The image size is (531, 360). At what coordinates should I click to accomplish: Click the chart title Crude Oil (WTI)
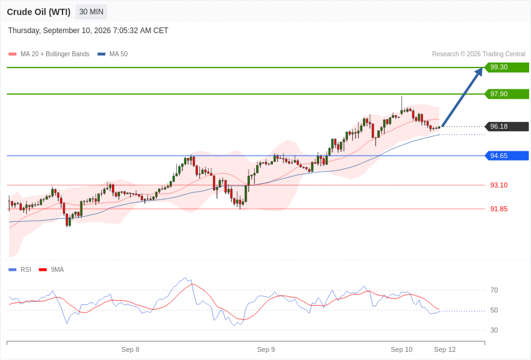coord(39,12)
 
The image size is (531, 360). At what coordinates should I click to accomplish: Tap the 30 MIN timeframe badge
coord(91,12)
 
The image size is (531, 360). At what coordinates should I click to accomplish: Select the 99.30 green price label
coord(507,67)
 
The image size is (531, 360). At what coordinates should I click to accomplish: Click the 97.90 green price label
coord(507,94)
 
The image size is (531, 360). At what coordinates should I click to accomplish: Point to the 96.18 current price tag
coord(507,126)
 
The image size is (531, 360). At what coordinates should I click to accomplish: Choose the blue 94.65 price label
coord(507,156)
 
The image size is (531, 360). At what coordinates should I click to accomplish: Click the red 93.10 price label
coord(499,185)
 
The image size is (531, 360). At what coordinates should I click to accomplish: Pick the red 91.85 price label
coord(499,209)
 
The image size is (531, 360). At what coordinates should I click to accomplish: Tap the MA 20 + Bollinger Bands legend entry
coord(49,54)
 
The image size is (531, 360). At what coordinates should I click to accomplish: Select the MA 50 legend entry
coord(112,54)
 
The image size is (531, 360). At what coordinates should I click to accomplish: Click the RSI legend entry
coord(19,269)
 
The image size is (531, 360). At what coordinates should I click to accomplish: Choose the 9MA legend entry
coord(51,269)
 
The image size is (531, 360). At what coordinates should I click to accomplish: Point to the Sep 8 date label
coord(131,349)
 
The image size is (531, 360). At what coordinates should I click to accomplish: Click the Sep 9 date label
coord(266,349)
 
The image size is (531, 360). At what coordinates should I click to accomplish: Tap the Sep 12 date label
coord(445,349)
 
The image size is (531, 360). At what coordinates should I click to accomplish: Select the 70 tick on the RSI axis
coord(494,290)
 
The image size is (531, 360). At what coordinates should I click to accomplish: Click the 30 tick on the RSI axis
coord(494,330)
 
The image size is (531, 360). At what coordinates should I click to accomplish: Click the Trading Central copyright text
coord(479,54)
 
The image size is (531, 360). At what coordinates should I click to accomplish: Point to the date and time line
coord(88,31)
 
